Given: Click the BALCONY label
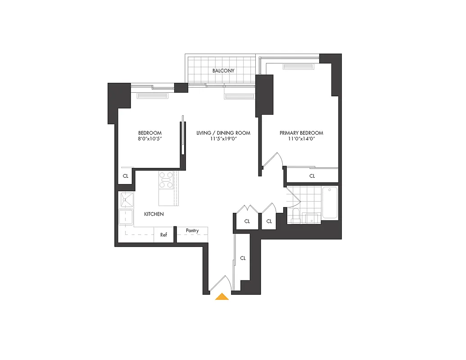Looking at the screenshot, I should (223, 71).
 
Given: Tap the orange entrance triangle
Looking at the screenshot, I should (222, 297).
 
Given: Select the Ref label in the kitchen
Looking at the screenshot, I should (164, 235).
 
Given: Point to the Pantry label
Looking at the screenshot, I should (192, 231).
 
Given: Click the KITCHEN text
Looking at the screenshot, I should (154, 214).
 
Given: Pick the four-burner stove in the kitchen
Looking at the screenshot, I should (166, 180).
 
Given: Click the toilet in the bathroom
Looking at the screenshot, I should (296, 216).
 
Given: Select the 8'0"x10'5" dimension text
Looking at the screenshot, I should (149, 139).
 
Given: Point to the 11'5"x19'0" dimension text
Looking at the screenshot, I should (223, 139).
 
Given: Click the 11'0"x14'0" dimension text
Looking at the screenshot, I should (301, 139).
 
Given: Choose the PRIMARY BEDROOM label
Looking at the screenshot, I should (301, 133).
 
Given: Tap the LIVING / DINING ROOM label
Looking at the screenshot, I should (223, 133).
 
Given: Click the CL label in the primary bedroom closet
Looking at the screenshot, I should (312, 176).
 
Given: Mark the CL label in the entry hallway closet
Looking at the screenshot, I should (243, 258).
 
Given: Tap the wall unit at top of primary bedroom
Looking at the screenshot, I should (298, 67).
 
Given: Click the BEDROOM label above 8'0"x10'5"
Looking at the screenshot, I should (149, 133).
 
